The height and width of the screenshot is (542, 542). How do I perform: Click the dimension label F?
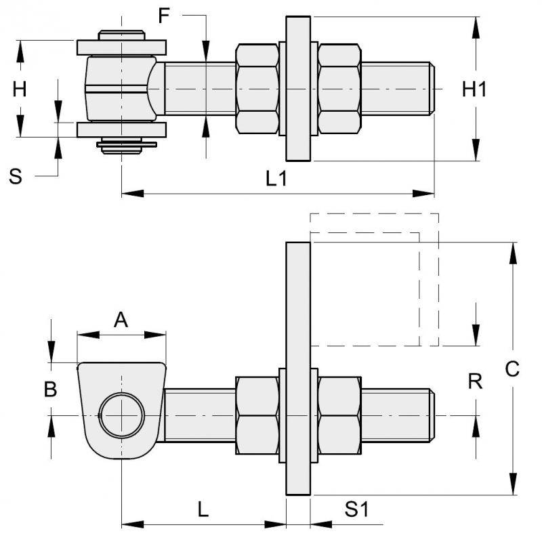(x=164, y=16)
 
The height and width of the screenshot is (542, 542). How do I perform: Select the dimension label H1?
(x=475, y=89)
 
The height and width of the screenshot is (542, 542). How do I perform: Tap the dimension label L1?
(x=277, y=179)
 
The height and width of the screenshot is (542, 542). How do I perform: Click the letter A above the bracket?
(x=121, y=319)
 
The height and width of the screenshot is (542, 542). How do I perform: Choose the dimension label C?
(x=512, y=369)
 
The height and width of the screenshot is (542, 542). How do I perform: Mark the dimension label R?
(x=475, y=381)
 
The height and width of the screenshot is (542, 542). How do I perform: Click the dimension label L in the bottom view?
(x=203, y=509)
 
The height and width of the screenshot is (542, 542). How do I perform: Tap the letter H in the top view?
(x=20, y=89)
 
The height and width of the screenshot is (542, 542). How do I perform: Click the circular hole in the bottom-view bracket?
(x=121, y=414)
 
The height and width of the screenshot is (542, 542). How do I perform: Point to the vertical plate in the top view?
(x=298, y=89)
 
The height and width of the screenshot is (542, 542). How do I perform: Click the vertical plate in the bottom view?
(x=298, y=369)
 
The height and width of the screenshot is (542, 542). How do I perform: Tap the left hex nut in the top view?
(x=257, y=89)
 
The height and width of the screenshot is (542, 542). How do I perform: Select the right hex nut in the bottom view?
(x=339, y=414)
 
